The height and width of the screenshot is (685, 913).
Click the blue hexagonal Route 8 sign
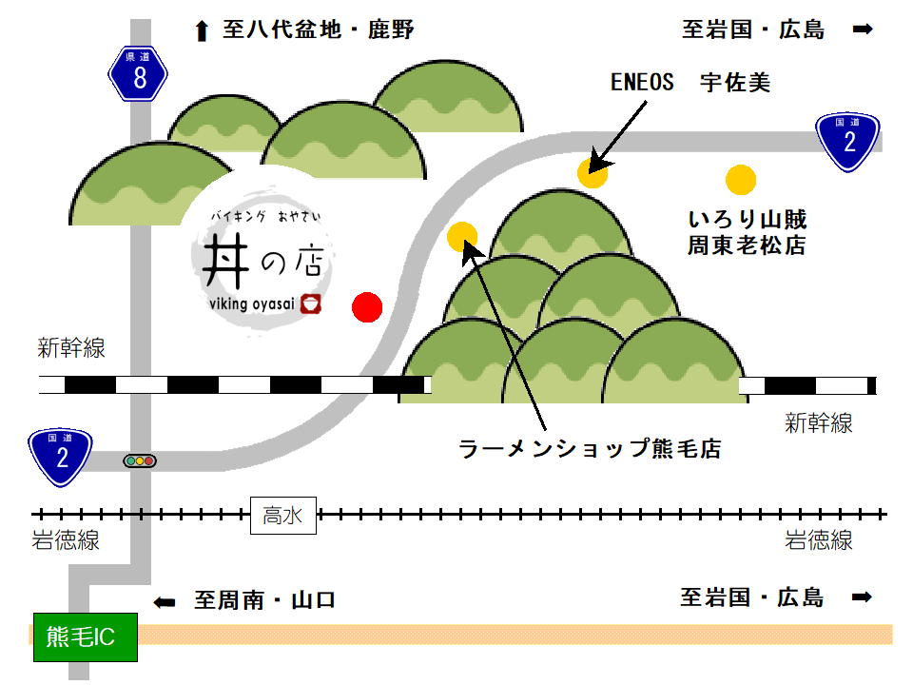[139, 75]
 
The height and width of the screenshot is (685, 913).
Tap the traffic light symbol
[140, 461]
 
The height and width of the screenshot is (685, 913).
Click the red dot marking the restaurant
[367, 306]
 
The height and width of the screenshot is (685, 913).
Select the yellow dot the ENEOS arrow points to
[592, 172]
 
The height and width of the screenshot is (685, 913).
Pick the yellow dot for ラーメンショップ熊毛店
[462, 236]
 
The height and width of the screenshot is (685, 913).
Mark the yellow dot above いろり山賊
[740, 179]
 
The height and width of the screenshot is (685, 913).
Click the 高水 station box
[282, 516]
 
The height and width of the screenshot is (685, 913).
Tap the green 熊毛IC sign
[86, 636]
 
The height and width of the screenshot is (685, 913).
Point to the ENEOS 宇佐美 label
[690, 84]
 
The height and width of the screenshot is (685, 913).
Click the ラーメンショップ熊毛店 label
[589, 448]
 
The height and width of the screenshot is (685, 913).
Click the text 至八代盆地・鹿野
[319, 30]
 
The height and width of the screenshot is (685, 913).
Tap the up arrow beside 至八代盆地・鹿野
[201, 31]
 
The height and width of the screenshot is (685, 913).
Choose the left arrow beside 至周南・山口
[165, 601]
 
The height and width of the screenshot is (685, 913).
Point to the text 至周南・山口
[265, 600]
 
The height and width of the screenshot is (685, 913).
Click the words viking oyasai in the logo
[251, 303]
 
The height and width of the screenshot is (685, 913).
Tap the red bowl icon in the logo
[311, 303]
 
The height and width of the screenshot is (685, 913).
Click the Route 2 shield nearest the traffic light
[61, 457]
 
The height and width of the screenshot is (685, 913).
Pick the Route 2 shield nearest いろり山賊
[848, 142]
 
